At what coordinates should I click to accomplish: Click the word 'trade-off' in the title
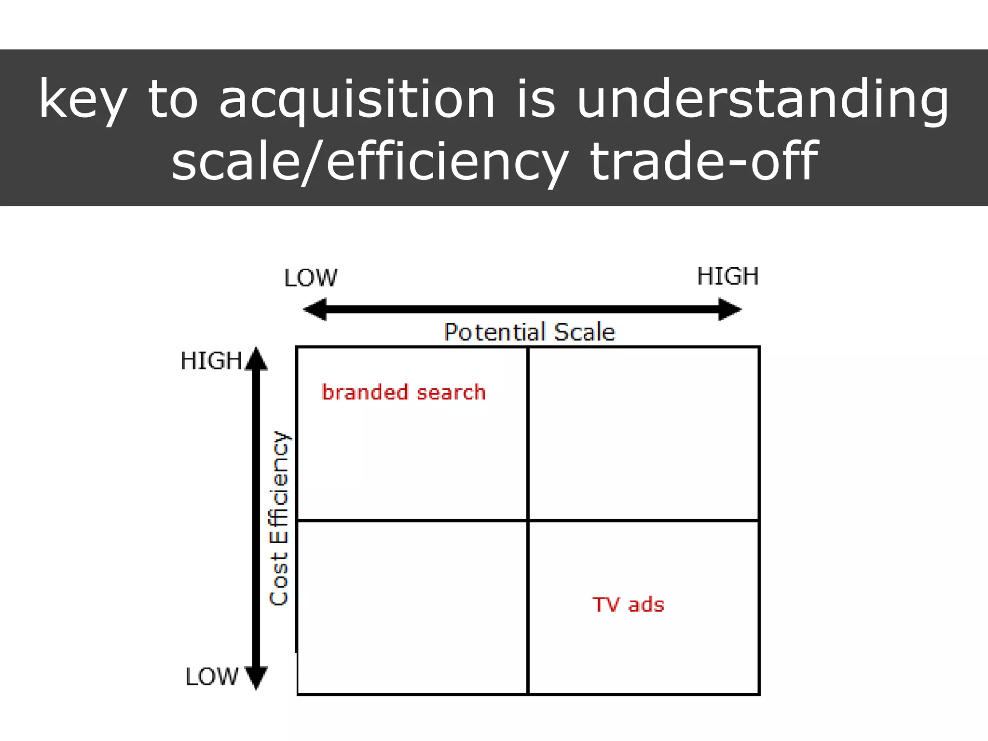(x=704, y=162)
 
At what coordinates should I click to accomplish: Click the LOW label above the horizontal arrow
(x=311, y=278)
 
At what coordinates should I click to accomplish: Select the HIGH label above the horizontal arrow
(x=728, y=276)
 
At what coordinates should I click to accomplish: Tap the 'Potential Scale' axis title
(x=529, y=332)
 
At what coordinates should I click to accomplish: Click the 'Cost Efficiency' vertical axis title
(x=279, y=518)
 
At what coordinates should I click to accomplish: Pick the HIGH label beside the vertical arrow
(x=211, y=361)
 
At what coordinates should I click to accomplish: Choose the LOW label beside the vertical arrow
(x=212, y=676)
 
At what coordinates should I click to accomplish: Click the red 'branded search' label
(x=403, y=392)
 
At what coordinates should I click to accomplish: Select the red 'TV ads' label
(x=628, y=604)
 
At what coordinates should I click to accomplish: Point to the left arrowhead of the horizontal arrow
(x=315, y=309)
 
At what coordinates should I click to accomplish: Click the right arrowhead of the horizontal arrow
(x=730, y=309)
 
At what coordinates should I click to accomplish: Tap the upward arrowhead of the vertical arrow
(x=256, y=359)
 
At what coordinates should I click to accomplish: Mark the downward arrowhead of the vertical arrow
(x=256, y=677)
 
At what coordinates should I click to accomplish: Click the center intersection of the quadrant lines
(x=528, y=521)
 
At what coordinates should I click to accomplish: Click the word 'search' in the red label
(x=451, y=392)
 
